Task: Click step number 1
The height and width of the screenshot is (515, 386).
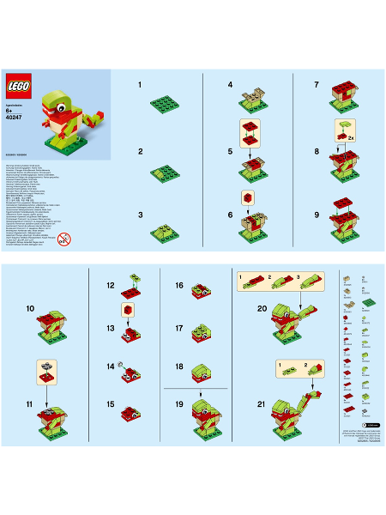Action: coord(140,85)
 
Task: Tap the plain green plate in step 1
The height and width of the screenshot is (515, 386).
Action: coord(165,104)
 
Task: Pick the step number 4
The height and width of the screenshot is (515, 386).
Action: coord(230,85)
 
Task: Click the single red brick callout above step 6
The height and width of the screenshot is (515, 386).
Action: coord(248,197)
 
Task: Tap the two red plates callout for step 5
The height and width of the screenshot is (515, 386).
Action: coord(250,133)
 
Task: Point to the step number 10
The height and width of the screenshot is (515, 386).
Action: coord(31,306)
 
